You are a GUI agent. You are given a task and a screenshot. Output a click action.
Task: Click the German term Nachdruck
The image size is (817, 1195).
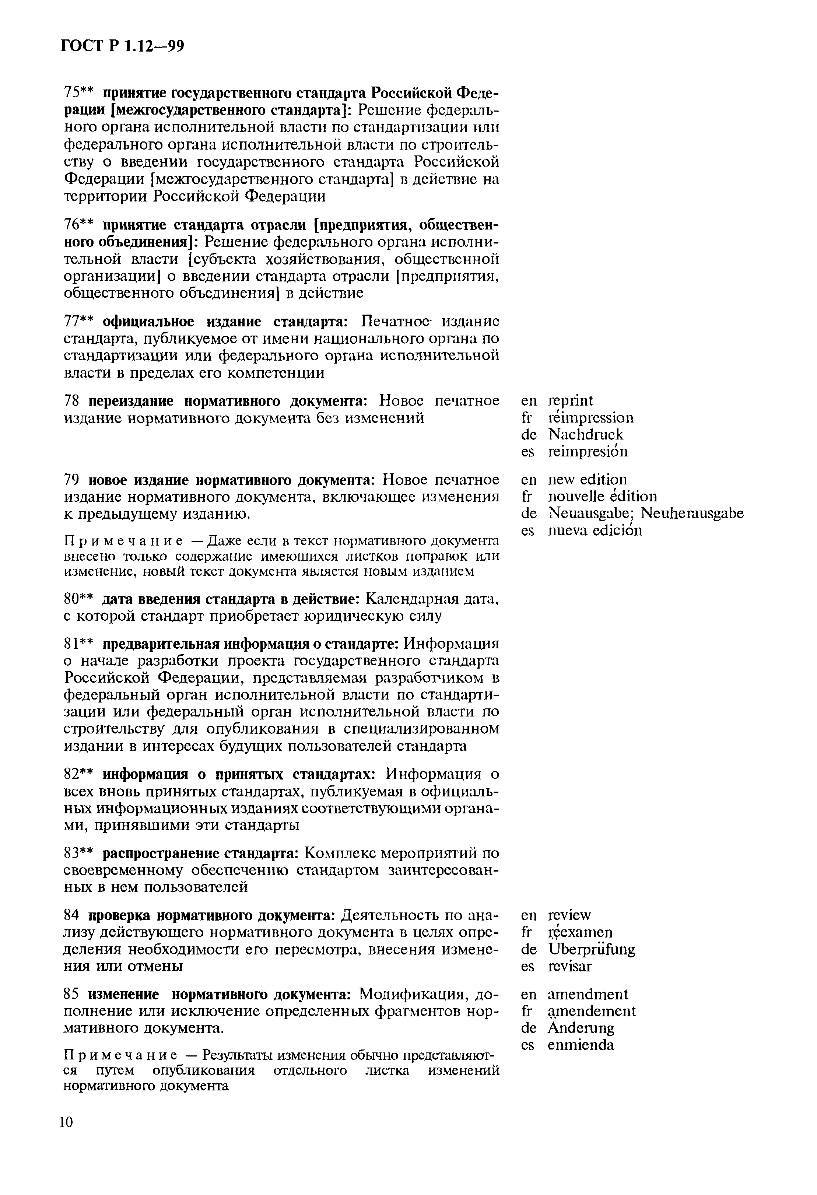586,435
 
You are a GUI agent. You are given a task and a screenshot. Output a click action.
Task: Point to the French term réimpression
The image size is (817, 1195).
591,417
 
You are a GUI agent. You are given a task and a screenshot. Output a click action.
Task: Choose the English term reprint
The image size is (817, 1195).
570,400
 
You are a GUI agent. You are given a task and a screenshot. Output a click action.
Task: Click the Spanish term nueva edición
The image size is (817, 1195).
595,530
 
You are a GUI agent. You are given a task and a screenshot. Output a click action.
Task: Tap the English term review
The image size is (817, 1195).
570,915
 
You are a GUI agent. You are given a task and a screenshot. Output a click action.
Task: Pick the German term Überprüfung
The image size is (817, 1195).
591,949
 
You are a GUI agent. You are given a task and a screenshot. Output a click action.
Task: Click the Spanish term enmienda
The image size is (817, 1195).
581,1045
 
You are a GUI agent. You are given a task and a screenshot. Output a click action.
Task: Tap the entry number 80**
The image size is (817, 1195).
79,599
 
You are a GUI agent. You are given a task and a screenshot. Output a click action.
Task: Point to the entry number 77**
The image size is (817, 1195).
79,322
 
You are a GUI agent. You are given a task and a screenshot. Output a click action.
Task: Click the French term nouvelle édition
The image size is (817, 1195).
603,496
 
